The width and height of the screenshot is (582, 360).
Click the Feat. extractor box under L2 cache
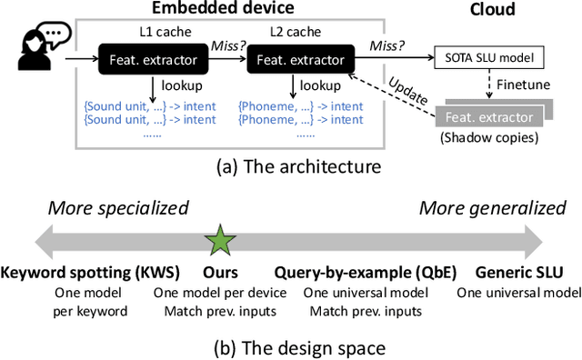(x=299, y=61)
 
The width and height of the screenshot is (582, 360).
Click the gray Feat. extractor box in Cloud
(x=488, y=117)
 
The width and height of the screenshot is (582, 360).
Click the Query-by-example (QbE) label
(x=366, y=273)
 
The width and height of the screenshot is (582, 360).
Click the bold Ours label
(x=220, y=273)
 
